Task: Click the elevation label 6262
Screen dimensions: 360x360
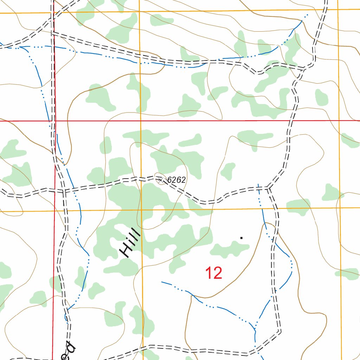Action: (176, 180)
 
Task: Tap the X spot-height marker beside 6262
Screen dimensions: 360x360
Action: (161, 180)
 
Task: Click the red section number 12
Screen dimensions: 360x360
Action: (214, 273)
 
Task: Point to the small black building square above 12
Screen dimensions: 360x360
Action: (241, 238)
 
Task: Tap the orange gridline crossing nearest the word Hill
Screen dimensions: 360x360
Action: (141, 211)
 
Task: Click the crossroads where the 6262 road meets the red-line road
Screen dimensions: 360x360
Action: (64, 191)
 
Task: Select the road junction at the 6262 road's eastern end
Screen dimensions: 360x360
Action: (269, 188)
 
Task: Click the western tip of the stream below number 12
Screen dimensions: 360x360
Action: (162, 282)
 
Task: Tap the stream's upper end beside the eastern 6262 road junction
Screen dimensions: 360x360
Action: (258, 184)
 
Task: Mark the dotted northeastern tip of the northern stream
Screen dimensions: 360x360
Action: (308, 14)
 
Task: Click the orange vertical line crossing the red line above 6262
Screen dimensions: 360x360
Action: (141, 121)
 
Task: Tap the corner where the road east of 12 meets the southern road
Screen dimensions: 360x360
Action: (280, 331)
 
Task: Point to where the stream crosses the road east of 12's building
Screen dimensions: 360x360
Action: (274, 240)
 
